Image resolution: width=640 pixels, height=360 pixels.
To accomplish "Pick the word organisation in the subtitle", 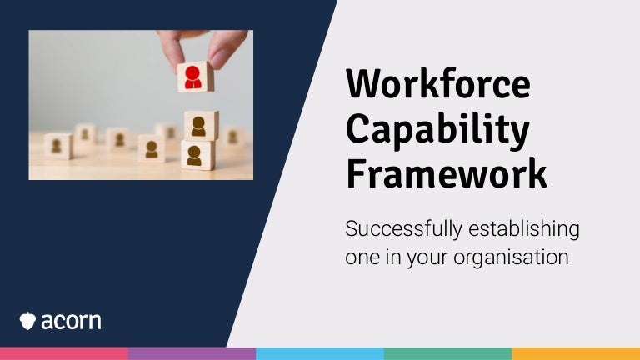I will [511, 257].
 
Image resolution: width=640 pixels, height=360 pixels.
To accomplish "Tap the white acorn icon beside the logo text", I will [27, 321].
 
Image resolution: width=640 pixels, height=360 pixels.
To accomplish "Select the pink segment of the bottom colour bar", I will [63, 354].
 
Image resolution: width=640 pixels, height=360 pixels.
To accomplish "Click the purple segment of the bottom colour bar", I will [192, 354].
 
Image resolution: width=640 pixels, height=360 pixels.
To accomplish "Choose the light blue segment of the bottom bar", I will [320, 354].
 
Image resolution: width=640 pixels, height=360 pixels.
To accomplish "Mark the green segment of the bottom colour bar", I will [447, 354].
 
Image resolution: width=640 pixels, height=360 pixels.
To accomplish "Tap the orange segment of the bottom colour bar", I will [576, 354].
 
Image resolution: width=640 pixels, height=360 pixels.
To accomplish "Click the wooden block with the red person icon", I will [195, 77].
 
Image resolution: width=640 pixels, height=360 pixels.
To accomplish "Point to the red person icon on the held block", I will [193, 77].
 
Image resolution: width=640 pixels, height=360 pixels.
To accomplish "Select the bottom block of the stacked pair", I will [196, 155].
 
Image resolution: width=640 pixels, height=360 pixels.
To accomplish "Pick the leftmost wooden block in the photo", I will [58, 146].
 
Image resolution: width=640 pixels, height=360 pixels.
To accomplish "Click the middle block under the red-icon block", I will [201, 126].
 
